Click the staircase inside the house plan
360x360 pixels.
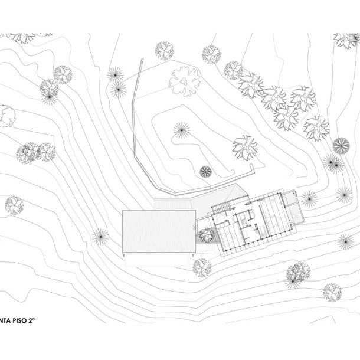[x=221, y=208]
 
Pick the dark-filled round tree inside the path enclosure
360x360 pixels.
[x=205, y=171]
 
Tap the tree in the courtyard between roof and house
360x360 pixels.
[x=205, y=235]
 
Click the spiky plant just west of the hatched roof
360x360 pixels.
[x=100, y=237]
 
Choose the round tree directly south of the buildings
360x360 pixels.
[x=201, y=268]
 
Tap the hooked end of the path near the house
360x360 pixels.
[x=253, y=169]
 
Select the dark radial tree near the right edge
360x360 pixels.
[x=341, y=145]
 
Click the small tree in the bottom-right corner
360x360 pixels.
[x=332, y=292]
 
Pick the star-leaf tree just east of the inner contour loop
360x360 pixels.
[x=244, y=147]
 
